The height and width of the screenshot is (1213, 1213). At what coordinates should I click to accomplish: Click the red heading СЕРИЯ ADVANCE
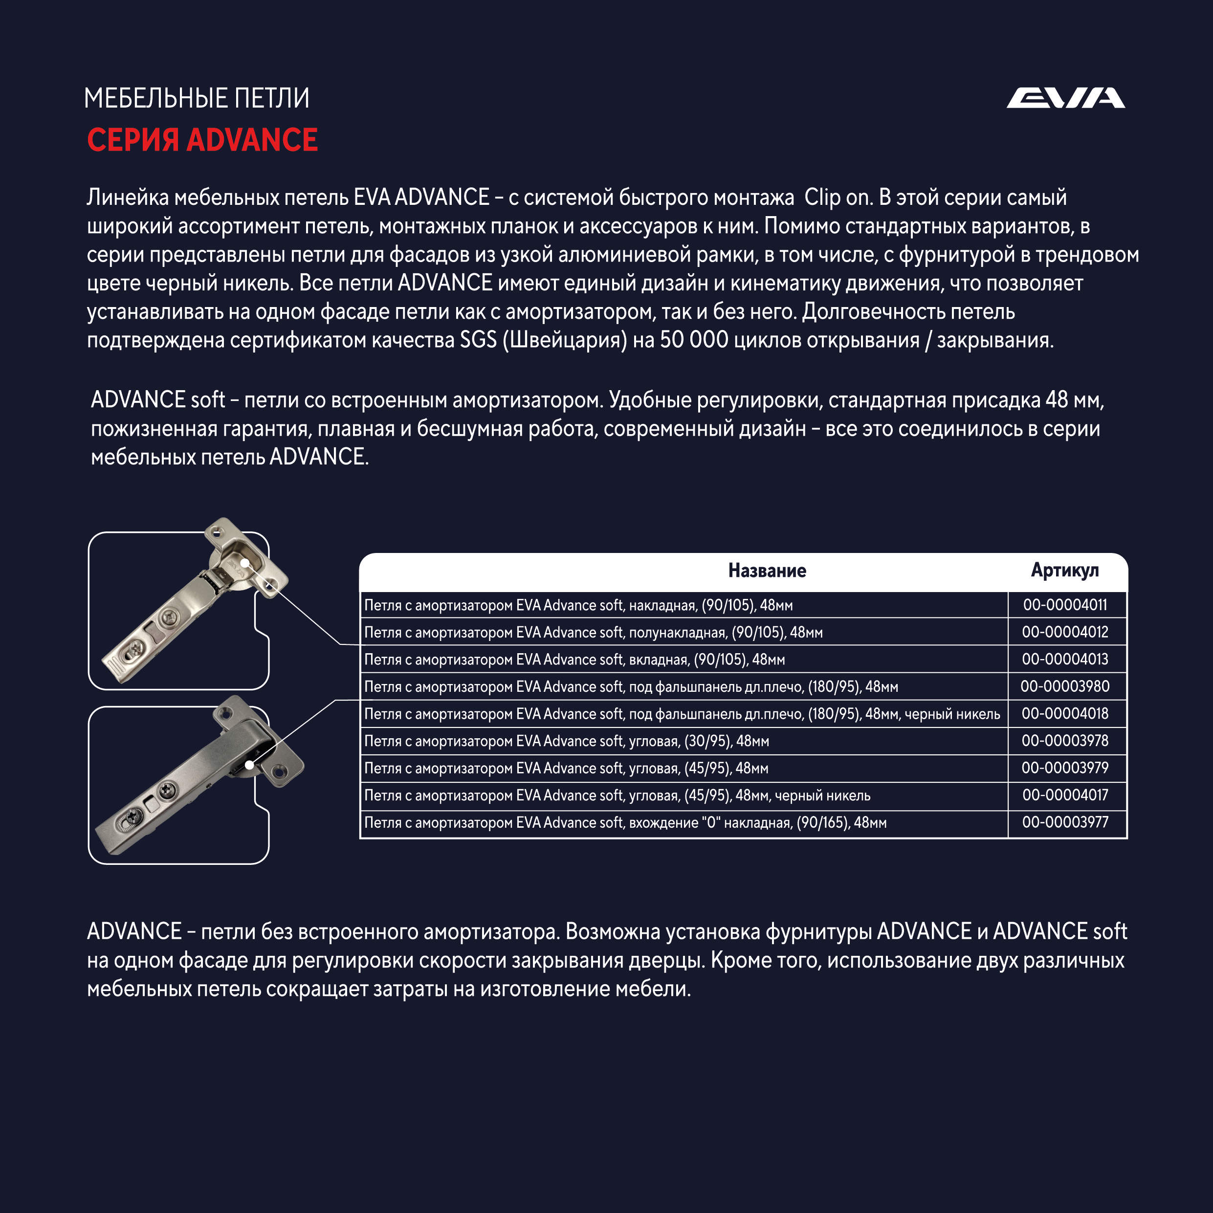202,139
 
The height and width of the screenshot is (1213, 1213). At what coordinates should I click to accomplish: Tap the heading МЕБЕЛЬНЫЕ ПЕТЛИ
197,99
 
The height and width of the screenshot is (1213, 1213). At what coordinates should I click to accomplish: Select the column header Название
767,570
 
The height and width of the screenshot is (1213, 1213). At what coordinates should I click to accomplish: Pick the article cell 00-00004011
1065,605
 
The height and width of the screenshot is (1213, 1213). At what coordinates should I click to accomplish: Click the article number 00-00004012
1065,632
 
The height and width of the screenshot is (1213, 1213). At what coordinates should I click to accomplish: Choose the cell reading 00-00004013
1065,659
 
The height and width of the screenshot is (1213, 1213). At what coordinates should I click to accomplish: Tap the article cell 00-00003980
1065,686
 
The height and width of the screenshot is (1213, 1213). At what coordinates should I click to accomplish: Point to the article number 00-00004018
1065,713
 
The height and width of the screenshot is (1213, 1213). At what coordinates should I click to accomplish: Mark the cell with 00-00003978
1065,741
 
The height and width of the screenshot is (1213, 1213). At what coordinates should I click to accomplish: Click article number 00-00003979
1065,768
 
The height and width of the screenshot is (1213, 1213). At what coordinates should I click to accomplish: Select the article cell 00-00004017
1065,795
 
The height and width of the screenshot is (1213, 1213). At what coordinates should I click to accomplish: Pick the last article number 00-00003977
1065,822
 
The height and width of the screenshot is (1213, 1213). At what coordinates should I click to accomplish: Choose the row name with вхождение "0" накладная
625,822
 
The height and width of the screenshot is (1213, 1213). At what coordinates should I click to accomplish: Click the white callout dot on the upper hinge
245,563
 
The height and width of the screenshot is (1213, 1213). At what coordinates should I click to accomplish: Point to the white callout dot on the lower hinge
249,765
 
